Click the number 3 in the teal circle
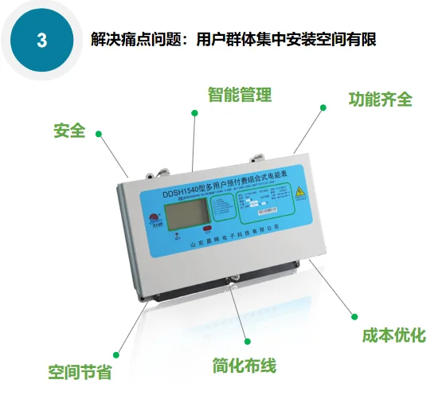coord(41,40)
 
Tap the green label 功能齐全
coord(380,100)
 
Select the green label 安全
coord(69,130)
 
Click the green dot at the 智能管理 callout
coord(194,114)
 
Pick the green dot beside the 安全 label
coord(96,132)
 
